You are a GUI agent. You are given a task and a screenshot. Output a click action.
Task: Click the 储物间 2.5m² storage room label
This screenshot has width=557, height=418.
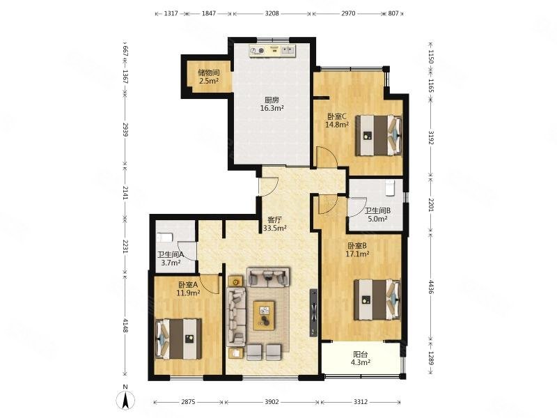208,77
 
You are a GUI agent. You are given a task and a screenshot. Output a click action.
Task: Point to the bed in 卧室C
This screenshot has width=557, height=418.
379,135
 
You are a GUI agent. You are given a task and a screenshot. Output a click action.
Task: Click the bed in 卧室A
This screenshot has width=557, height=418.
178,339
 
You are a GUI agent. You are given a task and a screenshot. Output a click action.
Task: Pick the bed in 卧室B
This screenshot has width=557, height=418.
377,300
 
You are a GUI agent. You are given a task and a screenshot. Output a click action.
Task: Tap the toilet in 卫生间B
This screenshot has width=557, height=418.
390,187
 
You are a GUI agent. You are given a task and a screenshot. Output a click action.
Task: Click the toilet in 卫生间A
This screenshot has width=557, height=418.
164,238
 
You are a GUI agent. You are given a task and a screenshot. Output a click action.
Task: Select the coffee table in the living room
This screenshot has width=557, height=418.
264,316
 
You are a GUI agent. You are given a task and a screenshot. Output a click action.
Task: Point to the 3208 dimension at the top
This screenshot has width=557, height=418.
272,13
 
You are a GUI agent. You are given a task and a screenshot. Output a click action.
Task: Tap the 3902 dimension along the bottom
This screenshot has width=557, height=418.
272,402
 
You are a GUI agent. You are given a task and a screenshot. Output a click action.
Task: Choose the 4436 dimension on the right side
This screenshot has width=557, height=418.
430,287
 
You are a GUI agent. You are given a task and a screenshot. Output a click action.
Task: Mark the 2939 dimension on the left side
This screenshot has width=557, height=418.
125,130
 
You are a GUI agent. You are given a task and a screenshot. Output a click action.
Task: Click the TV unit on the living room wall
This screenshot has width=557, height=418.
313,312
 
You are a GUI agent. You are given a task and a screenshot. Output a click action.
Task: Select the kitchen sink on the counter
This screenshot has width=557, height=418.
288,50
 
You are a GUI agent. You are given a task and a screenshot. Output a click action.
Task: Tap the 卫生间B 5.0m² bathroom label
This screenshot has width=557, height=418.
377,215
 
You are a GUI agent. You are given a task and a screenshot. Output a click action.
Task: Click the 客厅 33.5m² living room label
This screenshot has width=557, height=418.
274,224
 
